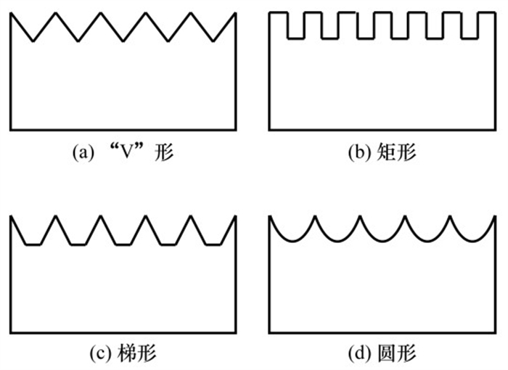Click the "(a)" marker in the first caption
click(x=81, y=153)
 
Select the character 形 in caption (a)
click(x=165, y=153)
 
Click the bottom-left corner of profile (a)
click(x=12, y=130)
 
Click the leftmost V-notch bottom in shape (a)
click(x=33, y=41)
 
